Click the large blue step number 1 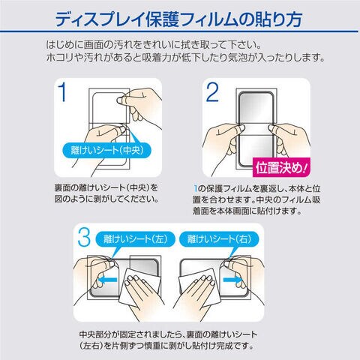point(63,92)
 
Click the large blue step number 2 point(212,92)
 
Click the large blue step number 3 point(84,237)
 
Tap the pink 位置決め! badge point(281,167)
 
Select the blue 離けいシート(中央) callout point(107,150)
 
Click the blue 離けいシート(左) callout point(135,239)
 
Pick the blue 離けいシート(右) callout point(219,239)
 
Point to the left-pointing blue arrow point(107,280)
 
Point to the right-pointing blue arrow point(232,279)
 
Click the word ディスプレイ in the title point(100,19)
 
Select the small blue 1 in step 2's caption point(196,189)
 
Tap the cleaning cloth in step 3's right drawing point(197,287)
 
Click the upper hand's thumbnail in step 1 point(121,100)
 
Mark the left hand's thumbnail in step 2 point(240,128)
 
